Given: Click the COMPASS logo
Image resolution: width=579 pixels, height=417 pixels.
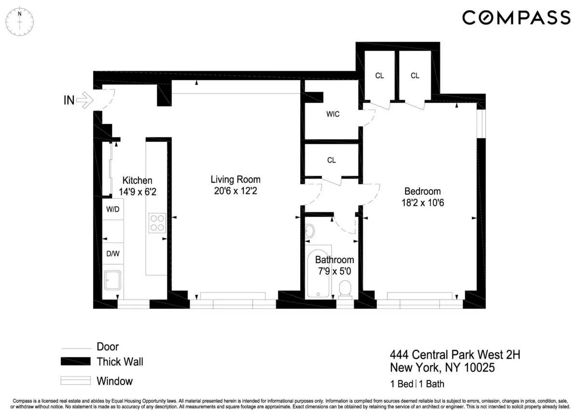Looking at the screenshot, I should click(516, 18).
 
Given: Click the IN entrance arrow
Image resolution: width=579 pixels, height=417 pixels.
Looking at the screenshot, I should click(84, 100).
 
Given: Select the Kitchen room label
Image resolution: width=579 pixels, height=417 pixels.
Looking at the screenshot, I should click(137, 181).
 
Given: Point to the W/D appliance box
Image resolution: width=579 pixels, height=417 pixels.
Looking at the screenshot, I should click(113, 210).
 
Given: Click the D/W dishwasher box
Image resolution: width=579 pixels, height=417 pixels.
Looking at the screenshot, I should click(113, 253).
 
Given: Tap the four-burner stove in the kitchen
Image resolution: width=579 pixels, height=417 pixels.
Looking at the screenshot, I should click(157, 223).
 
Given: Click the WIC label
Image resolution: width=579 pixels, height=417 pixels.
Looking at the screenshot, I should click(332, 114).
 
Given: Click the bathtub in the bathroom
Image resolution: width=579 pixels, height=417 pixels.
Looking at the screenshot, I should click(318, 273).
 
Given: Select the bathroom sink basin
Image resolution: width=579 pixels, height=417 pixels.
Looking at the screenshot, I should click(310, 231).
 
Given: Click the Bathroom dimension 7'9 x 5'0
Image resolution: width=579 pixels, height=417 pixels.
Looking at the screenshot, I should click(334, 272).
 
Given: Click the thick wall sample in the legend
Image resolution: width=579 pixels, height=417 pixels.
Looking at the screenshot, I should click(76, 361).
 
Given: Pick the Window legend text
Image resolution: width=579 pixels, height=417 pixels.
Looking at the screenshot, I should click(114, 381).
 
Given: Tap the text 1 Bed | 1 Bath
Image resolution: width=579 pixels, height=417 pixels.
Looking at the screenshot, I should click(417, 385).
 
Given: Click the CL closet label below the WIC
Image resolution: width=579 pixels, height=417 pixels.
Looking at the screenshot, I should click(331, 160).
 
